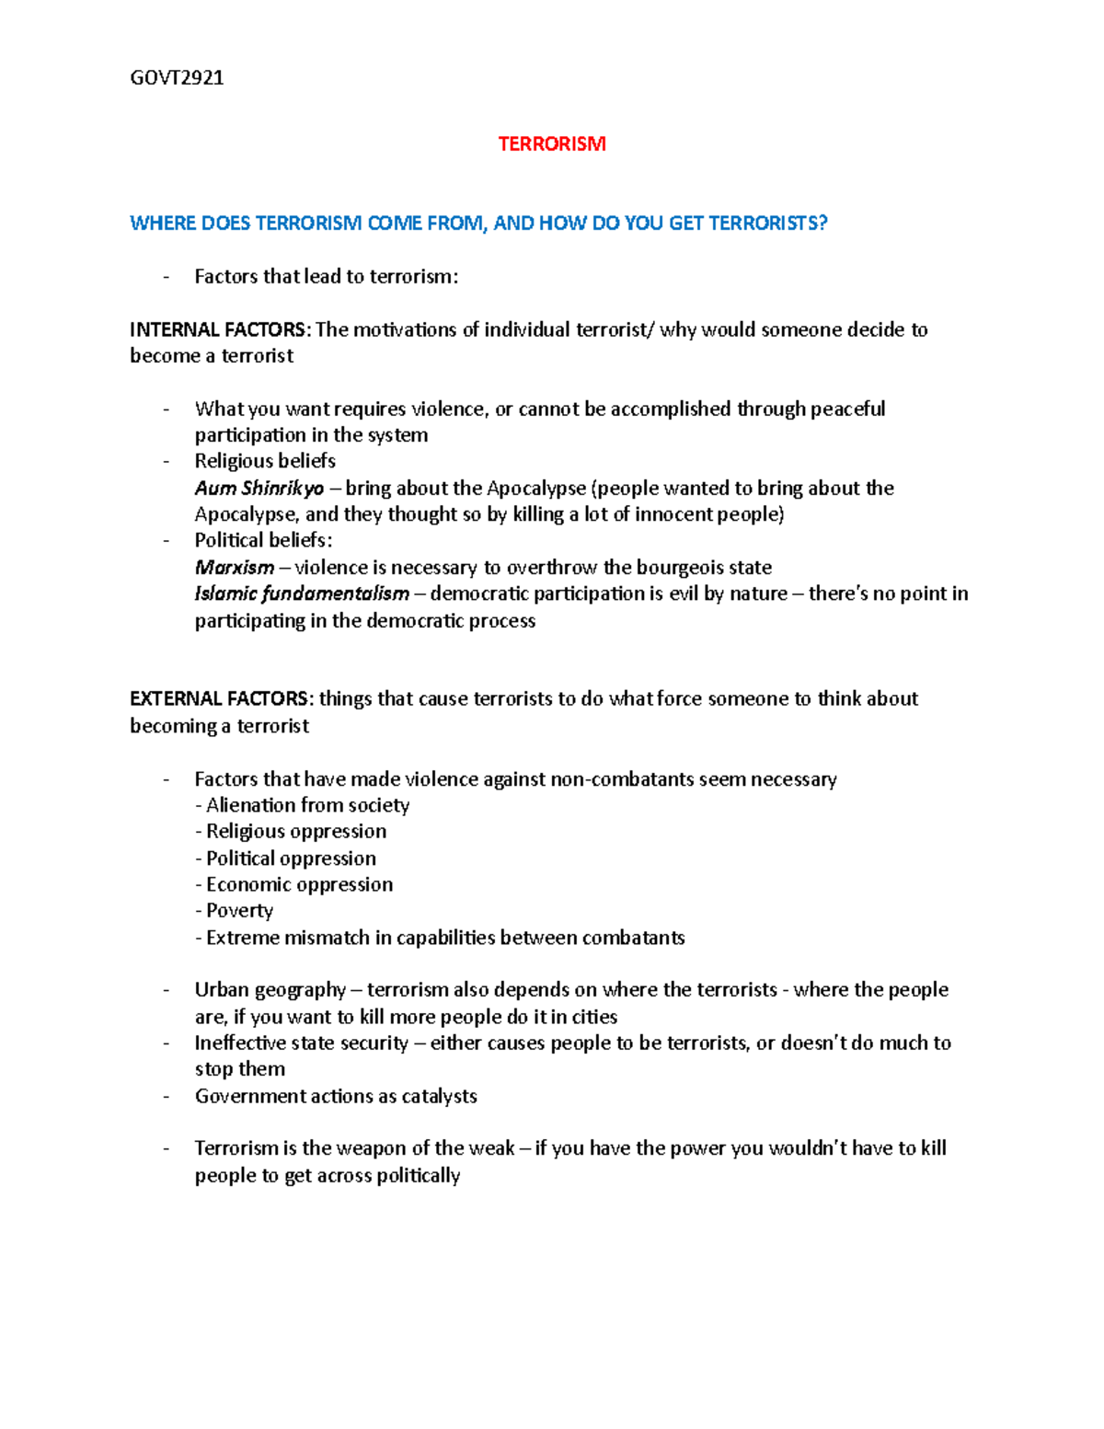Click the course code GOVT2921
[x=177, y=77]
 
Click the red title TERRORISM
[x=552, y=144]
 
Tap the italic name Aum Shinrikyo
[x=259, y=488]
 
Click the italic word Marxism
[x=235, y=567]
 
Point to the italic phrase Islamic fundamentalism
[x=302, y=593]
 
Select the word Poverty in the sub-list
[x=239, y=910]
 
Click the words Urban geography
[x=270, y=990]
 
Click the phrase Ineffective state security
[x=301, y=1043]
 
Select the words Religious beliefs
[x=265, y=461]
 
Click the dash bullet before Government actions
[x=167, y=1096]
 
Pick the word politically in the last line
[x=417, y=1175]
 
